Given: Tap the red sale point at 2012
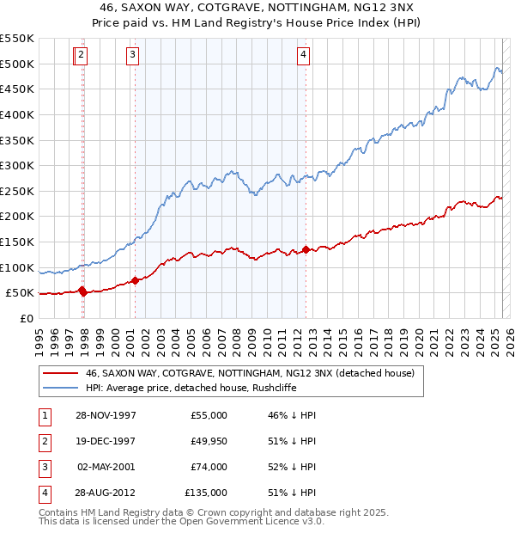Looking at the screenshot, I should tap(306, 250).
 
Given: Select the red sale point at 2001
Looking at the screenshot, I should tap(135, 280).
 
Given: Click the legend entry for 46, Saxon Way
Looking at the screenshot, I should tap(249, 373).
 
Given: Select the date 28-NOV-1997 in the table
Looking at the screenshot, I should tap(106, 415).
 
